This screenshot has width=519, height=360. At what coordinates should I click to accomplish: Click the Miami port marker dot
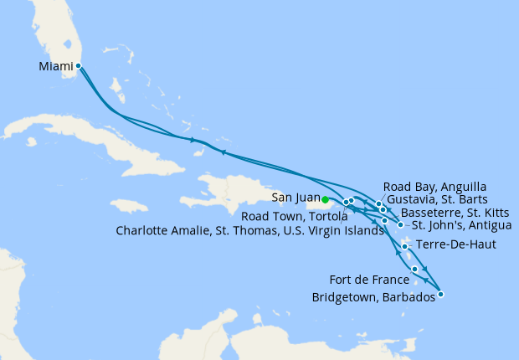click(x=78, y=65)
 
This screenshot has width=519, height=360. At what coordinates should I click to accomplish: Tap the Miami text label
click(x=55, y=65)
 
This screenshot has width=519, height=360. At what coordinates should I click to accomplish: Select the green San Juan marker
click(x=325, y=200)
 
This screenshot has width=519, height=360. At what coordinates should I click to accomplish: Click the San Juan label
click(x=295, y=198)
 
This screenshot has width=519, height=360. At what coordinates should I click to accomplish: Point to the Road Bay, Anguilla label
click(x=434, y=186)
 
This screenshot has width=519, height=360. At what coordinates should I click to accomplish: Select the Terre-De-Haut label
click(x=449, y=245)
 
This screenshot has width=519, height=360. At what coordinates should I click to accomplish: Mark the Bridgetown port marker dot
click(x=441, y=294)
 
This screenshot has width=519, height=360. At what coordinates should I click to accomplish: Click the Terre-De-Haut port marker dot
click(x=405, y=246)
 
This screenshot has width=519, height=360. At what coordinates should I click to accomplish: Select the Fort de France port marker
click(x=415, y=269)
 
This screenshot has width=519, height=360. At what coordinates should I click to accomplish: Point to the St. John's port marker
click(x=401, y=224)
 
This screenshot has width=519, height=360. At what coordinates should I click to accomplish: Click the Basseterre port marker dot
click(x=383, y=209)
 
